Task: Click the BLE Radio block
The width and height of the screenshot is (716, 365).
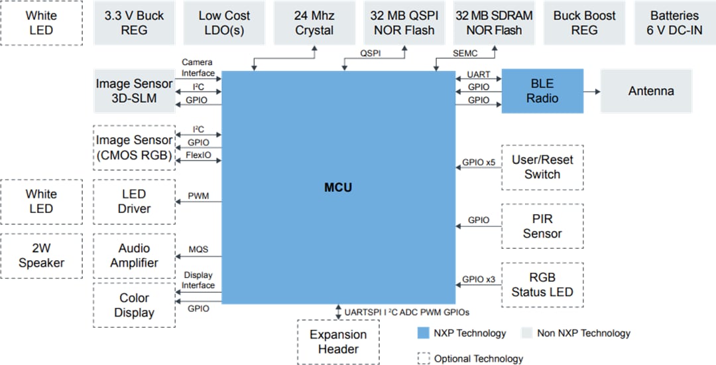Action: (x=542, y=91)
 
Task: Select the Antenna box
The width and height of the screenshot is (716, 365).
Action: (x=650, y=91)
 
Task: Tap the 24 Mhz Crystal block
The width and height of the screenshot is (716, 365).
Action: (x=314, y=23)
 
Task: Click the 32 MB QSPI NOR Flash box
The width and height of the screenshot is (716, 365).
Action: (x=404, y=23)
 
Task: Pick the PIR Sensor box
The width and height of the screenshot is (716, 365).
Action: (x=542, y=226)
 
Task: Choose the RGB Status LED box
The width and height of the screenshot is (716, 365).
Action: (x=542, y=285)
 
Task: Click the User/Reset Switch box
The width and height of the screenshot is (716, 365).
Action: (x=542, y=167)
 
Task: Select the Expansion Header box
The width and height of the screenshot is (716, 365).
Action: (x=338, y=342)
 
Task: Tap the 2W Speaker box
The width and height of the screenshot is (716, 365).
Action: (x=42, y=256)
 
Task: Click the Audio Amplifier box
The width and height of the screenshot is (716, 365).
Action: (x=135, y=256)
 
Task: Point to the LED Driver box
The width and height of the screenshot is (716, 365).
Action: (x=135, y=201)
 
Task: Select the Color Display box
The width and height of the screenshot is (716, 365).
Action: (x=135, y=305)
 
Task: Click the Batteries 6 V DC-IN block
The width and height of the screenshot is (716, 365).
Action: (x=674, y=23)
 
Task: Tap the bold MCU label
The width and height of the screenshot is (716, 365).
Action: (x=338, y=188)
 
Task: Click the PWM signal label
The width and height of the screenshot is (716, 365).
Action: (x=198, y=196)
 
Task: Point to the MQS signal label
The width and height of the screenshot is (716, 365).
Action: (x=198, y=250)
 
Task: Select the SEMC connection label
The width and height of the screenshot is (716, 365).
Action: (x=465, y=53)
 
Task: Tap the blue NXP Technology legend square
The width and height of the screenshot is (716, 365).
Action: (x=423, y=333)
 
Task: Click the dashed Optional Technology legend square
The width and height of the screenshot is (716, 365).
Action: (x=423, y=358)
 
